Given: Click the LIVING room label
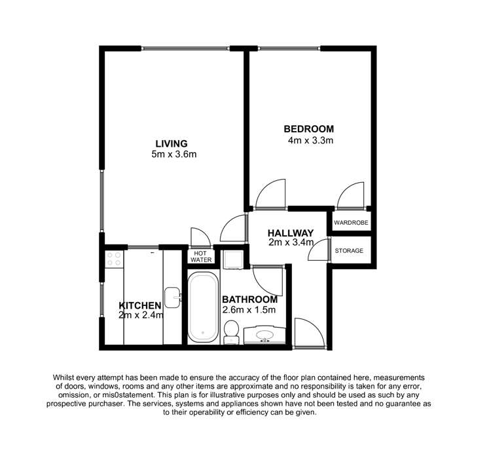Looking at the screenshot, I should point(172,144).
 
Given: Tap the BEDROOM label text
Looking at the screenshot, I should point(308,128).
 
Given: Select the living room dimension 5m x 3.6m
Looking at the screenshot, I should point(173,155).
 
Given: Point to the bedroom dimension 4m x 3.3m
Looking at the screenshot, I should point(311,140).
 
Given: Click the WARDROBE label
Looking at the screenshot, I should point(351,223).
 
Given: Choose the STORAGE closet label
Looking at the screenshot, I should point(349,251).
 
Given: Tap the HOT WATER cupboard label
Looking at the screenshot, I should point(201,256).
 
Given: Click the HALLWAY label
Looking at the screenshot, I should point(291,233).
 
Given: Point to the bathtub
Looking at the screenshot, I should point(202,308).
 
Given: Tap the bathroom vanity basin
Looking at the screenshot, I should point(264,336).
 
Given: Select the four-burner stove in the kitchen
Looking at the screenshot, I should point(113,259).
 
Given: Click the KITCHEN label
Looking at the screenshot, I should point(140,305).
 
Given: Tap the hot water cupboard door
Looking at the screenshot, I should point(198,237).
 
